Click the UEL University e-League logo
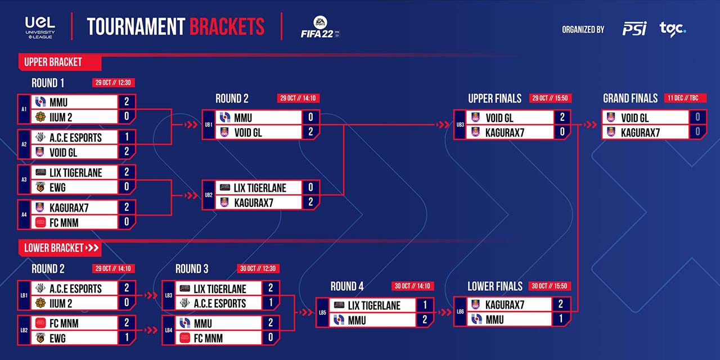point(40,28)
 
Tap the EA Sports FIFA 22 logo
point(320,27)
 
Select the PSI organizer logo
point(634,29)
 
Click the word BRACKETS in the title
point(227,26)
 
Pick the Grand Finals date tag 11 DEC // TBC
point(686,98)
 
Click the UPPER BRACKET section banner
point(60,62)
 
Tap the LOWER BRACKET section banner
point(60,248)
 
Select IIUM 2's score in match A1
point(127,116)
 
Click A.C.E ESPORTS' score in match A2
point(127,137)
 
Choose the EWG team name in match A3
point(57,187)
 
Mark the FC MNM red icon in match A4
point(40,222)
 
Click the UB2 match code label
point(209,195)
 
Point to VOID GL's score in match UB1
point(310,132)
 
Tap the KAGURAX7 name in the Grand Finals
point(640,132)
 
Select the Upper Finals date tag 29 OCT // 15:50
point(550,98)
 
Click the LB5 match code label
point(322,312)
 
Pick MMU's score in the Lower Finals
point(561,318)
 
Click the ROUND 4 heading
point(347,286)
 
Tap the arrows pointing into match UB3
point(443,124)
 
